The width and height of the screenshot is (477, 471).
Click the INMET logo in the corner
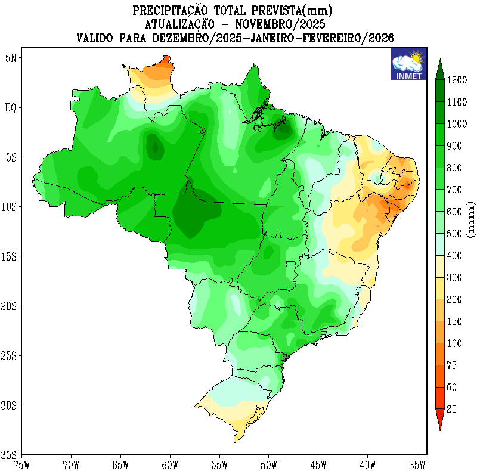tap(408, 64)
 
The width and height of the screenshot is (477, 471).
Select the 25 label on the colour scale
tap(452, 409)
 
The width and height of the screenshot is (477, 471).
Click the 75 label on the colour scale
tap(452, 365)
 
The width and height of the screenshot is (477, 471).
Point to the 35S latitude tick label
tap(9, 454)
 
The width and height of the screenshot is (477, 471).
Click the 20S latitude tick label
tap(9, 306)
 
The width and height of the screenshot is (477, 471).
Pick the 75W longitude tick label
tap(21, 464)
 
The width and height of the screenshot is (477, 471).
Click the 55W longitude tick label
tap(219, 464)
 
